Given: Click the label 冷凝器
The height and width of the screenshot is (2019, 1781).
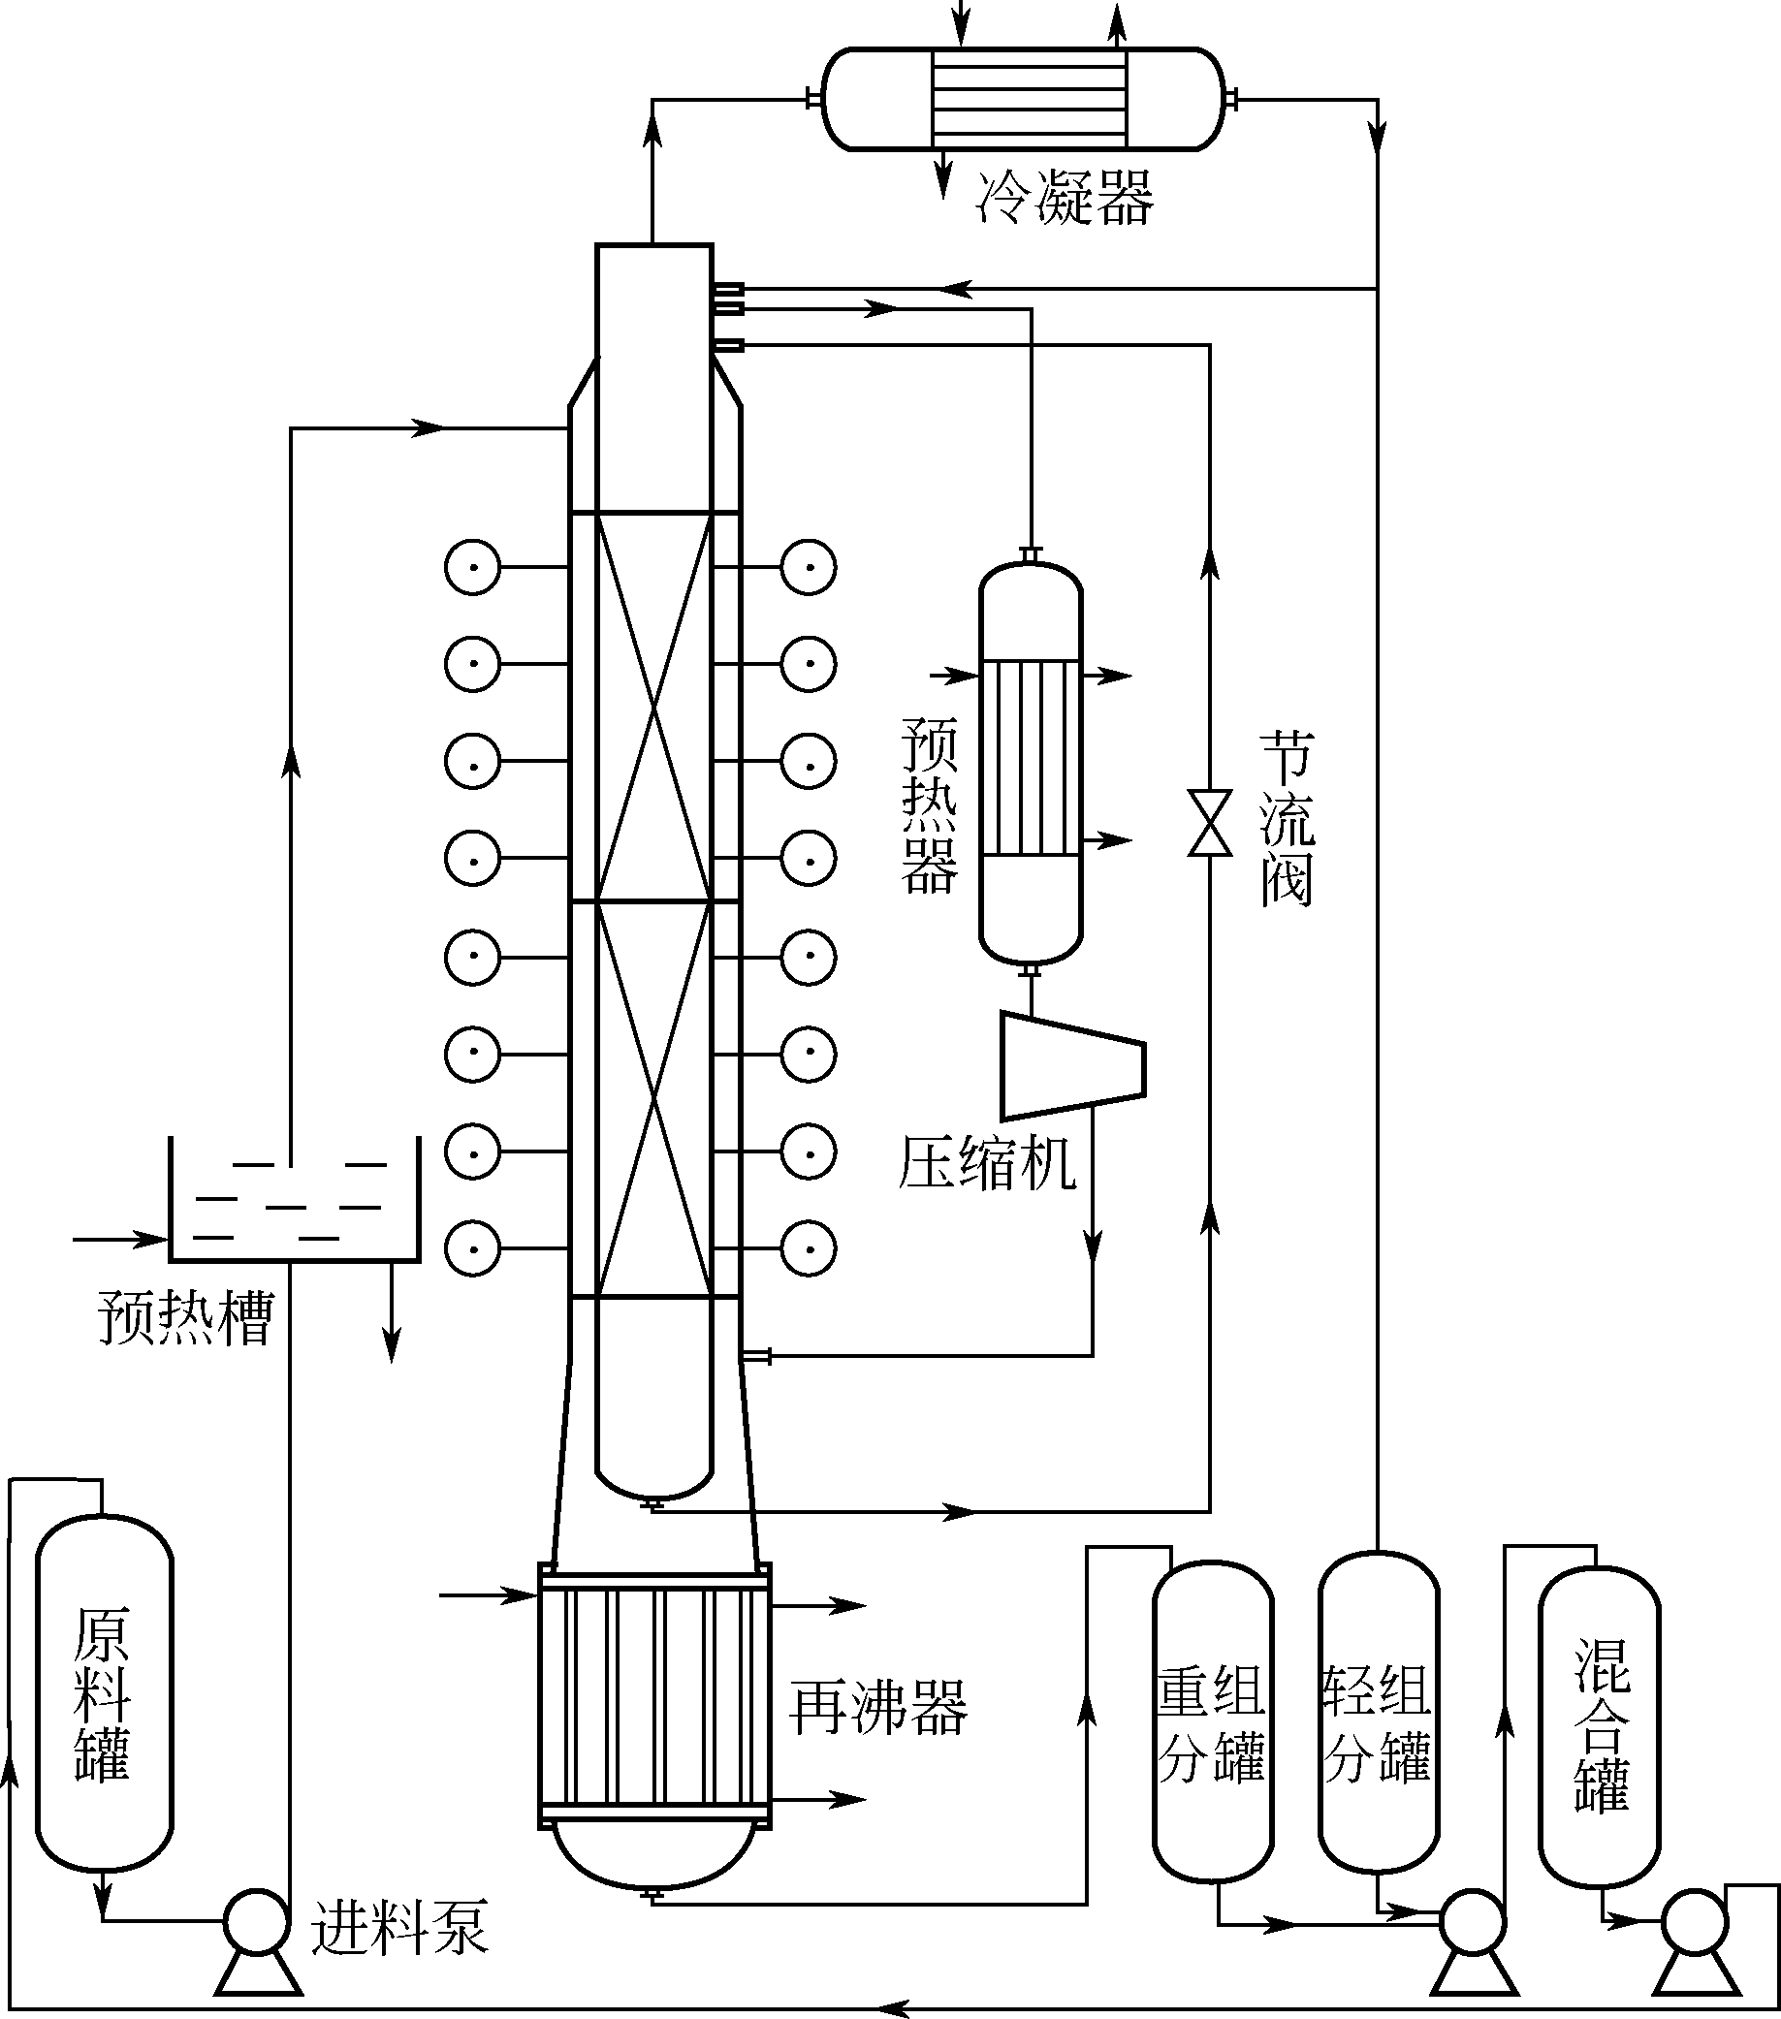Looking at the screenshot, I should click(x=1064, y=199).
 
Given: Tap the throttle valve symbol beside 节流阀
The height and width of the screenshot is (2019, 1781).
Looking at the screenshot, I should click(x=1210, y=822).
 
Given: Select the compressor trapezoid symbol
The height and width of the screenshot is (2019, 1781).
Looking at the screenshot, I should click(x=1072, y=1065).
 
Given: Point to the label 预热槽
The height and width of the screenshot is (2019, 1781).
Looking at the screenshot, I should click(x=185, y=1316).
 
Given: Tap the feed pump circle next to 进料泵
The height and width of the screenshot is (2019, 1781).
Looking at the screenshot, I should click(x=256, y=1918).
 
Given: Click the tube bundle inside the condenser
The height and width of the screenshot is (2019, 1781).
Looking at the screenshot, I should click(x=1029, y=99).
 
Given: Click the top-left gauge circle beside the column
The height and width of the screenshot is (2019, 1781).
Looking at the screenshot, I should click(x=472, y=567).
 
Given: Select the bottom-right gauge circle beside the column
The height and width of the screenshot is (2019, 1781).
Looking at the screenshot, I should click(x=808, y=1247).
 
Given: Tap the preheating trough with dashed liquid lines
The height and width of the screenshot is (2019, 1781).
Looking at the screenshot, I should click(x=295, y=1200).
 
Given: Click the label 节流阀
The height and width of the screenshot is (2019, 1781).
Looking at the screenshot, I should click(x=1286, y=820).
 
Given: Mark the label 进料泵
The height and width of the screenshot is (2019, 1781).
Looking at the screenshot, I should click(x=399, y=1926).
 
